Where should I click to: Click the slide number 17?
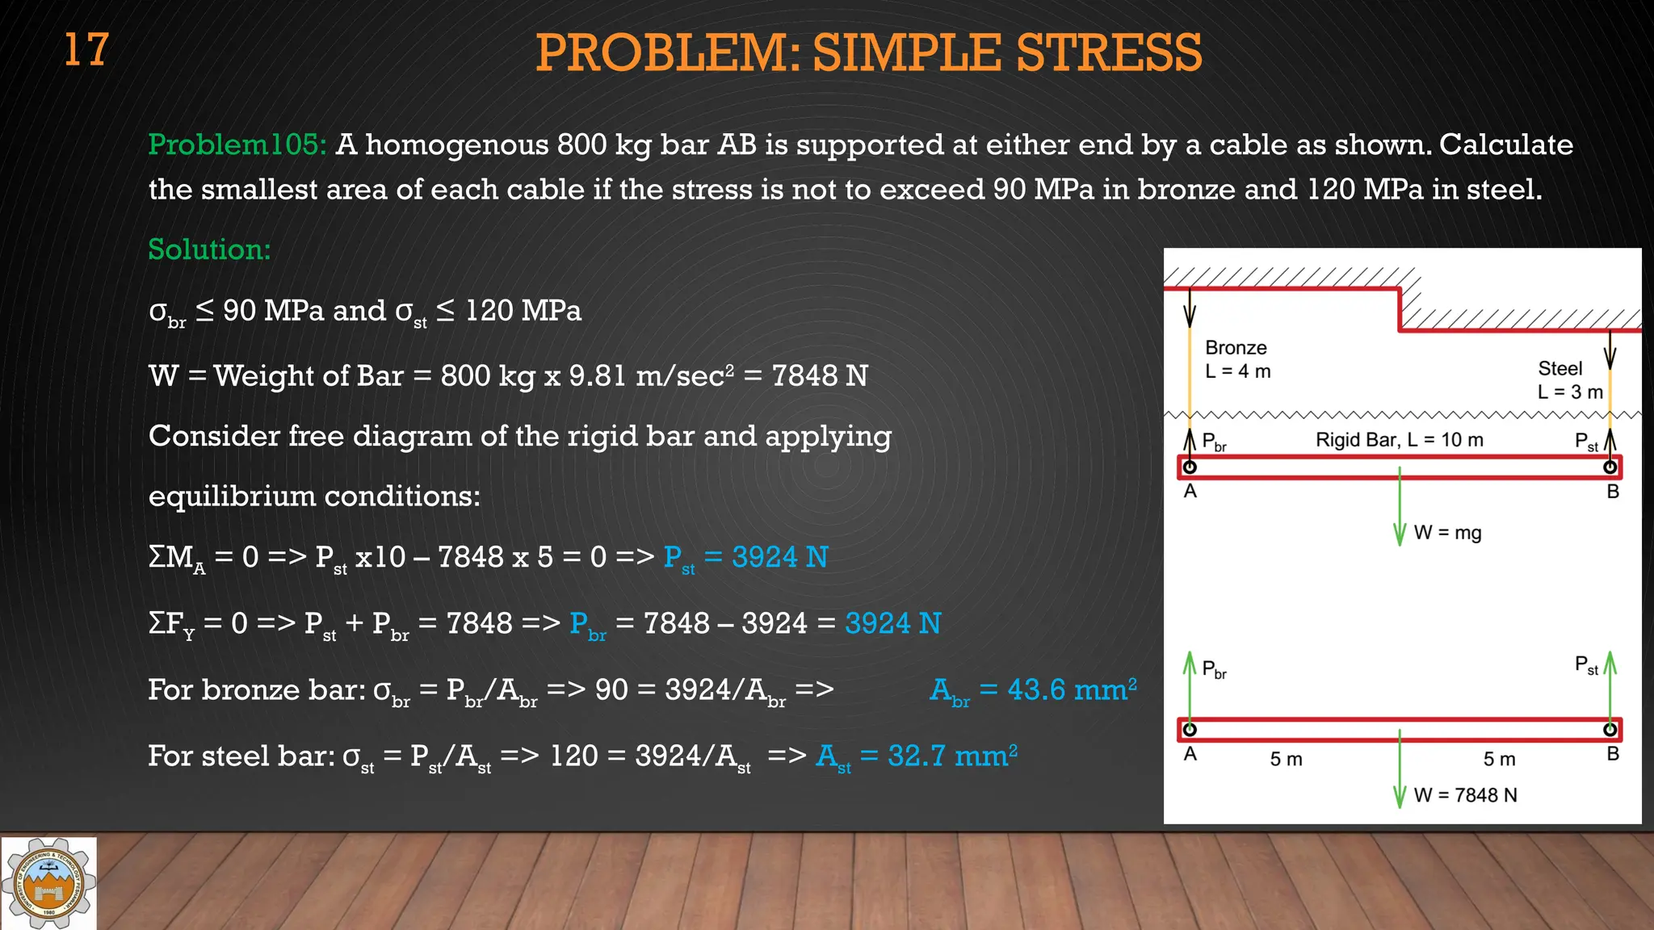click(86, 50)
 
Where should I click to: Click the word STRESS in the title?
click(1108, 53)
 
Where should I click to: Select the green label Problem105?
click(237, 145)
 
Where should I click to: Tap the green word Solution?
click(209, 249)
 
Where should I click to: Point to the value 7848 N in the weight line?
click(819, 376)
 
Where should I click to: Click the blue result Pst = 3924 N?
click(745, 558)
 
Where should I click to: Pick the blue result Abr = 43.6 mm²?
click(1033, 690)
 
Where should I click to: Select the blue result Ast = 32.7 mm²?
click(917, 756)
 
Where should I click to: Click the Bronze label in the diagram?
click(1236, 348)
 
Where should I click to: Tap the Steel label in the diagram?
click(1560, 369)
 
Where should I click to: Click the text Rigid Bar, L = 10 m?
click(1399, 440)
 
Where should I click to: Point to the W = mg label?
click(1447, 533)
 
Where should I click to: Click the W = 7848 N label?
click(1465, 795)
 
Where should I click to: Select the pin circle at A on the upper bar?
click(1190, 467)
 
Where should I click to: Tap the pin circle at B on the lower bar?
click(1610, 730)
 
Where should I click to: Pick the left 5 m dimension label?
click(1286, 760)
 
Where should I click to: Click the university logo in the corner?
click(48, 883)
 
